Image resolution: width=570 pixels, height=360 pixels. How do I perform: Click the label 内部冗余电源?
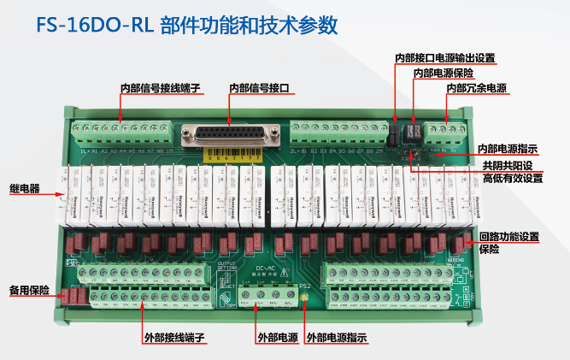[474, 89]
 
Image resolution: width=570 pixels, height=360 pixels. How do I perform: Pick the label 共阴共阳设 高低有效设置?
[512, 172]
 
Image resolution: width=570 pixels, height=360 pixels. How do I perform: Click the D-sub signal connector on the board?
[229, 136]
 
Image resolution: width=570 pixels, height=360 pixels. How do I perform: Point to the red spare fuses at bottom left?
[77, 296]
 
